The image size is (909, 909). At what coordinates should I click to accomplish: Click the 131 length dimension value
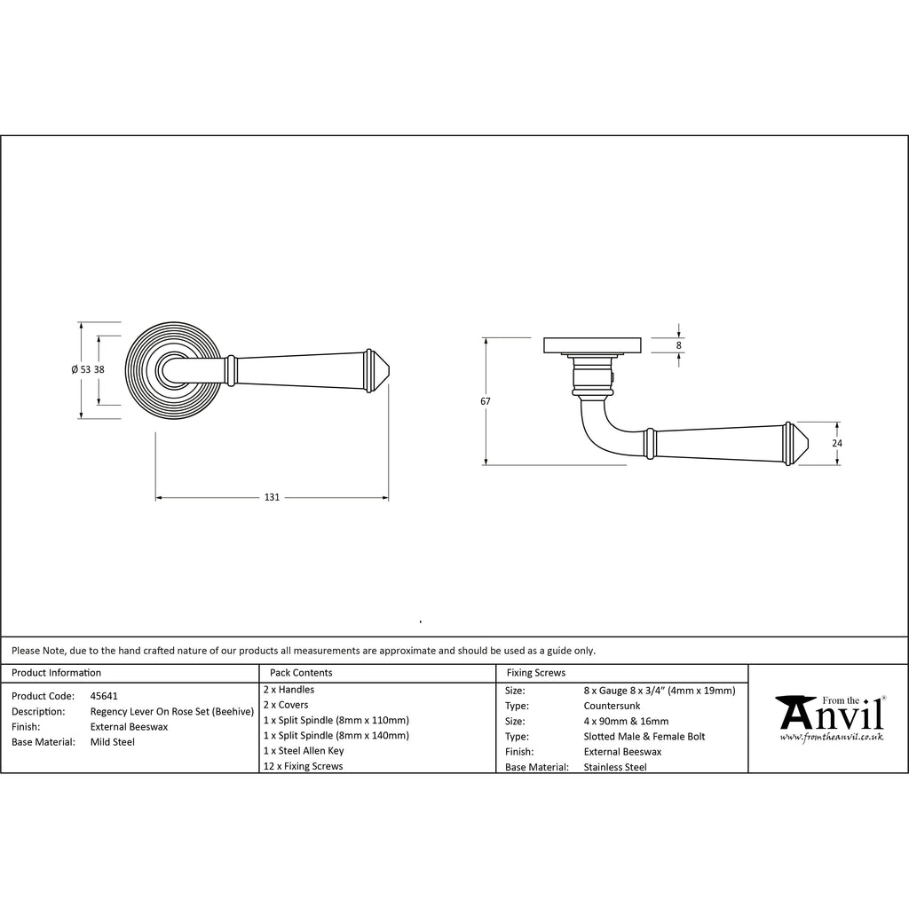click(x=272, y=497)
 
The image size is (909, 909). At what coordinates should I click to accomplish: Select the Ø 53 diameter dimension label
click(x=81, y=369)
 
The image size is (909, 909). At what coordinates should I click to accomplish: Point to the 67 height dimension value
click(x=486, y=401)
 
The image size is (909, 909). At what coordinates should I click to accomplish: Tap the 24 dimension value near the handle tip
click(x=837, y=444)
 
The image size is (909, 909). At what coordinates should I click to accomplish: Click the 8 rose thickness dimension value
click(x=679, y=345)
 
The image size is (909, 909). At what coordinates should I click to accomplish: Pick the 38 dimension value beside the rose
click(x=99, y=369)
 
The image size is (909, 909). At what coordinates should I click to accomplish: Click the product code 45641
click(x=104, y=696)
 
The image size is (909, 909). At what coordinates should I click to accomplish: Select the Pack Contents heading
click(x=301, y=673)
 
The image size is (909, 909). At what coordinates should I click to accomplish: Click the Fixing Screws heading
click(x=535, y=673)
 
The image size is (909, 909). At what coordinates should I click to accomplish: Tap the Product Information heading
click(x=56, y=673)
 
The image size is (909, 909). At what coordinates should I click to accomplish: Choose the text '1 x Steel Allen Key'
click(x=304, y=751)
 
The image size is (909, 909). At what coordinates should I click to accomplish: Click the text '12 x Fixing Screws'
click(x=304, y=766)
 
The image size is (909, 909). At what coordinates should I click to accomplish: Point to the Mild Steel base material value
click(x=113, y=742)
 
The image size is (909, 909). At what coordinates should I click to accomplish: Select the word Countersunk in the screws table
click(x=613, y=706)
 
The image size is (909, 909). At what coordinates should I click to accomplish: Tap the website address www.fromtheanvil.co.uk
click(x=831, y=737)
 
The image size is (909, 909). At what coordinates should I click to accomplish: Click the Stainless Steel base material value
click(x=615, y=768)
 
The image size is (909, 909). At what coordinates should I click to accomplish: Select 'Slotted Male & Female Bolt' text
click(x=644, y=737)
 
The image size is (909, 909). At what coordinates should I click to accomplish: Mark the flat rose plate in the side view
click(x=592, y=345)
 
